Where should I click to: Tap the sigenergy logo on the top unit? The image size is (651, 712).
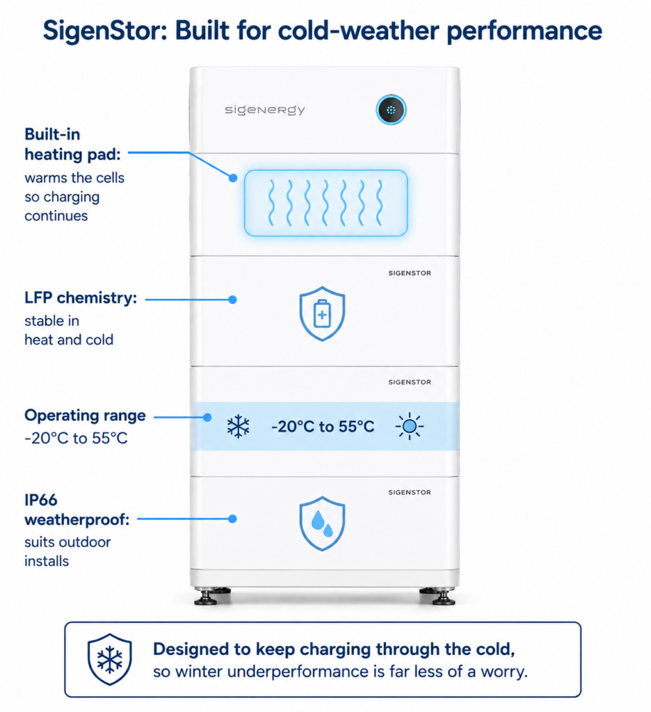pyautogui.click(x=265, y=110)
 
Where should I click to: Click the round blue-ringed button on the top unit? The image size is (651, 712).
pyautogui.click(x=391, y=110)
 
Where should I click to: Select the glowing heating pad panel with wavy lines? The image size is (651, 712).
pyautogui.click(x=325, y=203)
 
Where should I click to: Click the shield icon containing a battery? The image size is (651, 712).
pyautogui.click(x=322, y=314)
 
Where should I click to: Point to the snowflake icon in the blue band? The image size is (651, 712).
pyautogui.click(x=238, y=426)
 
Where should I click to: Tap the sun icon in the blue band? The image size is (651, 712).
pyautogui.click(x=410, y=426)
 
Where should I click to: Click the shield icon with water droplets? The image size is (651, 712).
pyautogui.click(x=322, y=524)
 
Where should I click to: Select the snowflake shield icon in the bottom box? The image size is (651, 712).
pyautogui.click(x=109, y=659)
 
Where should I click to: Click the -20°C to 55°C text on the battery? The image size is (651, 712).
pyautogui.click(x=323, y=426)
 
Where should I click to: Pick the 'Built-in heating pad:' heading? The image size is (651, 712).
pyautogui.click(x=73, y=145)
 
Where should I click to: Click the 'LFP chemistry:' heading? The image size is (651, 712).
pyautogui.click(x=81, y=298)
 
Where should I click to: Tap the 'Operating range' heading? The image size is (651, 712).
pyautogui.click(x=85, y=416)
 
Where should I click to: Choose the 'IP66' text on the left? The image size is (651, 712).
pyautogui.click(x=41, y=500)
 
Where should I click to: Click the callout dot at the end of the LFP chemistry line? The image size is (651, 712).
pyautogui.click(x=232, y=300)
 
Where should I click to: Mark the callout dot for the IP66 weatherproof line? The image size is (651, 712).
pyautogui.click(x=232, y=519)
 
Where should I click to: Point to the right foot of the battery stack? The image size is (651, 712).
pyautogui.click(x=438, y=596)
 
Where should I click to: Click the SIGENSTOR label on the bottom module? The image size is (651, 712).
pyautogui.click(x=410, y=492)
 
